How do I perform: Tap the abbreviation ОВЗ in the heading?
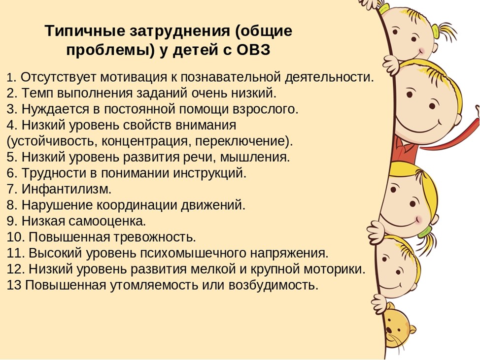[x=253, y=50]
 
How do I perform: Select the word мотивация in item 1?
[x=134, y=77]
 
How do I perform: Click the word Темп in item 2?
[x=38, y=93]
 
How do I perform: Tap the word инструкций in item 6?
[x=210, y=173]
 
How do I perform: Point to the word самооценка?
[x=107, y=221]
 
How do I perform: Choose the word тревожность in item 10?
[x=154, y=237]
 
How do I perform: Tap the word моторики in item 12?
[x=335, y=269]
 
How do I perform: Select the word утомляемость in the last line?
[x=154, y=285]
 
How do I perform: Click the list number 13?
[x=14, y=285]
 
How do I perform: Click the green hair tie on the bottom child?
[x=425, y=232]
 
